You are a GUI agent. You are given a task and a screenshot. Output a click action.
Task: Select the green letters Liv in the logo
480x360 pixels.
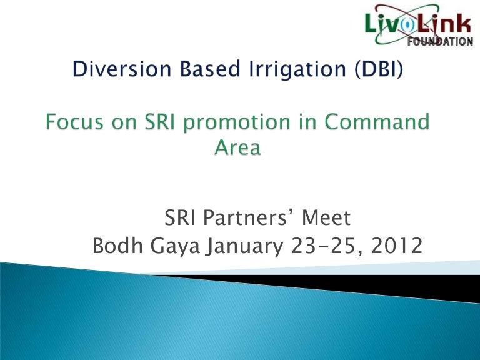383,26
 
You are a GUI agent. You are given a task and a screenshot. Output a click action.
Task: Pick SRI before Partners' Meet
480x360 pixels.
181,219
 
